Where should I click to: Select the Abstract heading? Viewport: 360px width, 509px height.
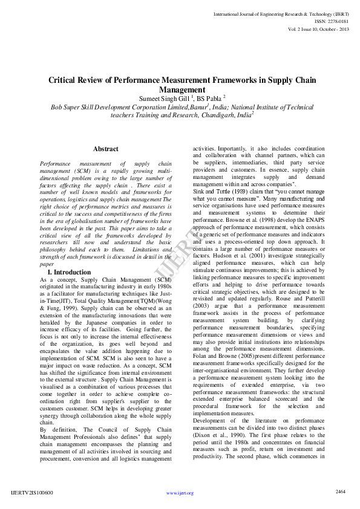(x=106, y=149)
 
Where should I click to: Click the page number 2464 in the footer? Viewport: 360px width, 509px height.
(x=341, y=491)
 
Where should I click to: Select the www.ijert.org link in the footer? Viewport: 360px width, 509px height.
(x=180, y=493)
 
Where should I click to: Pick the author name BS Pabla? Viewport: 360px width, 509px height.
(x=210, y=97)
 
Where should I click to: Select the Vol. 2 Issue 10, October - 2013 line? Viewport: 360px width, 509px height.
(x=319, y=28)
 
